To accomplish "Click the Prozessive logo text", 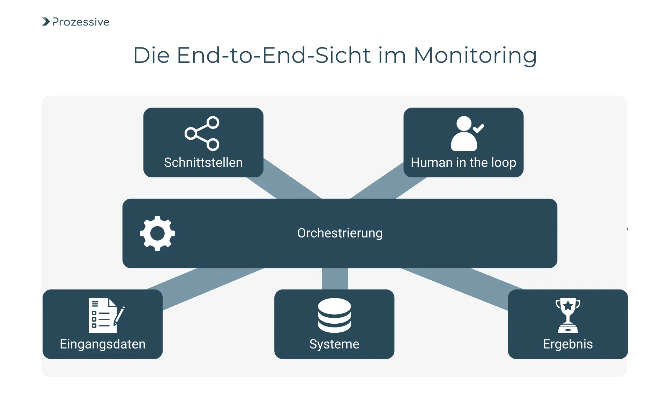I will click(81, 22).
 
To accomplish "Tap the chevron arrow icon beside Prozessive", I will click(46, 22).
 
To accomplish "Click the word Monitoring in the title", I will click(475, 56).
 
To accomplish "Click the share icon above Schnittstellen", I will click(202, 133).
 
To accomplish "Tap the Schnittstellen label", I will click(203, 163).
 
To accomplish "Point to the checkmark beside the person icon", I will click(478, 128).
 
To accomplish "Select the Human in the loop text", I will click(463, 163).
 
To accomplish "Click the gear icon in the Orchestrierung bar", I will click(157, 233).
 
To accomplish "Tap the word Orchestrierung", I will click(340, 233).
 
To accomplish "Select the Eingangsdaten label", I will click(102, 344).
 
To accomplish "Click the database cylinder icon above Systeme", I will click(334, 315).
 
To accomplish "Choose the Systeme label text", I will click(334, 344).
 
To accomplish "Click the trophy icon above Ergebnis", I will click(568, 315).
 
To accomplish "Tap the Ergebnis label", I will click(567, 344).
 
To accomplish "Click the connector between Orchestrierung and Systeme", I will click(335, 279).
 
